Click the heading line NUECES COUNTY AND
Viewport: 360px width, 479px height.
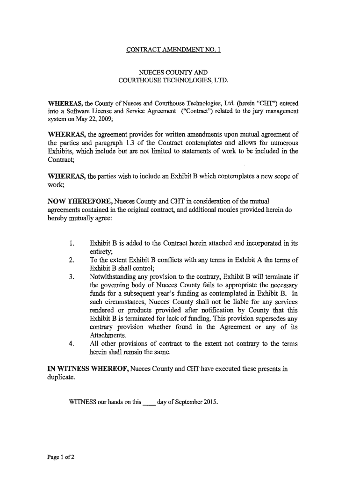pyautogui.click(x=173, y=73)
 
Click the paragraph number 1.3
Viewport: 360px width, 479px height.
pyautogui.click(x=129, y=142)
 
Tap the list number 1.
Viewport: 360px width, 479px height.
pyautogui.click(x=71, y=244)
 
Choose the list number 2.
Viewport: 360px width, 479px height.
pyautogui.click(x=71, y=260)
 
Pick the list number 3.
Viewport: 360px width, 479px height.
pyautogui.click(x=71, y=276)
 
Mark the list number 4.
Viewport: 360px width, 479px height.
pyautogui.click(x=71, y=344)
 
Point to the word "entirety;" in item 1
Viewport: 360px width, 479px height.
pyautogui.click(x=101, y=252)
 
